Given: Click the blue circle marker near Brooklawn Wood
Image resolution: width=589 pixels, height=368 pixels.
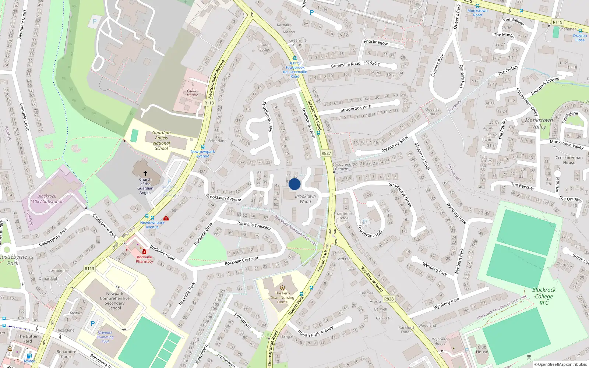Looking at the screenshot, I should (294, 184).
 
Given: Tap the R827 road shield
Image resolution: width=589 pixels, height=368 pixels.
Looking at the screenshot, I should (326, 153).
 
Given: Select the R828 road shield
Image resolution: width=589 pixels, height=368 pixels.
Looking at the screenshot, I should (389, 299).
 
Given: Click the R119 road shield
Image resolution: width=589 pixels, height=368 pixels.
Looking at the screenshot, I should (557, 22).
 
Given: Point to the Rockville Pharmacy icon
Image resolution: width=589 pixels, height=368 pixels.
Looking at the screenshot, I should (144, 251).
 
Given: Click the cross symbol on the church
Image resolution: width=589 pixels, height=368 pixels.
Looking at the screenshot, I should (145, 173).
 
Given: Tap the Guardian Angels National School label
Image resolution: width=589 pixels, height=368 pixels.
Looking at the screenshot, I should (161, 141).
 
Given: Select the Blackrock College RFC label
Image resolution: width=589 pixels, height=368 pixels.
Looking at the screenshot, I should (544, 296).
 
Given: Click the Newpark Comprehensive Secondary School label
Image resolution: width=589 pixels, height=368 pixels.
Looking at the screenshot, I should (114, 301).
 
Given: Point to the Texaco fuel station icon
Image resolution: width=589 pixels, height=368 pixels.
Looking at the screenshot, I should (29, 355).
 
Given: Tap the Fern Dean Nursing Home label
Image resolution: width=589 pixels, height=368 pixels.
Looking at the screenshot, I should (282, 298).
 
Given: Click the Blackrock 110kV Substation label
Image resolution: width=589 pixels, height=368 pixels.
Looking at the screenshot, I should (47, 199).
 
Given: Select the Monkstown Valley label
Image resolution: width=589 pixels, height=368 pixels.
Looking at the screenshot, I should (539, 123).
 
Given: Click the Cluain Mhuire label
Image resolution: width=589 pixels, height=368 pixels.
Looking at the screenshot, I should (192, 93).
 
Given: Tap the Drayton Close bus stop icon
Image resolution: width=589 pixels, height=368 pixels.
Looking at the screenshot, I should (580, 31).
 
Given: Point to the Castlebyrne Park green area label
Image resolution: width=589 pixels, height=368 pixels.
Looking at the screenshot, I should (13, 260).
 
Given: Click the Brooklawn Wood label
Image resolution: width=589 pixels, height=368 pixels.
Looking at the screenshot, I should (305, 199).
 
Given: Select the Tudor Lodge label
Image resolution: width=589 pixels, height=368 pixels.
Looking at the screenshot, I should (265, 47).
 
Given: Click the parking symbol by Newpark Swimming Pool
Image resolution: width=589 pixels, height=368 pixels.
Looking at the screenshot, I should (93, 324).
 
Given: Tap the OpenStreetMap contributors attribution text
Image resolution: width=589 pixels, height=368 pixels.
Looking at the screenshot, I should (561, 364).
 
